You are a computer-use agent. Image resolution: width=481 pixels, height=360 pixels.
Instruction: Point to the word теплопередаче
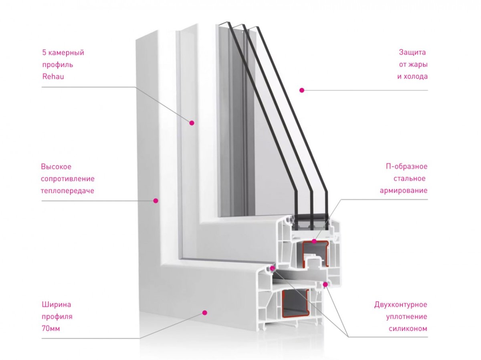[67, 191]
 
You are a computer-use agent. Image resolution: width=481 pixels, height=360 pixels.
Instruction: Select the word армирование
[404, 191]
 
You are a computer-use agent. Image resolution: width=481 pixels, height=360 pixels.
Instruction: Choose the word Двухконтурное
[400, 305]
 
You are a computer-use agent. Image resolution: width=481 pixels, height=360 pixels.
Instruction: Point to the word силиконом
[408, 329]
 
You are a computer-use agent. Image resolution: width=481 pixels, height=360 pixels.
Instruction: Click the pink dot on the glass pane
[302, 90]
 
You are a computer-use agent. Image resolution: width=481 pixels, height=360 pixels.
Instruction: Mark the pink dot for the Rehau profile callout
[192, 123]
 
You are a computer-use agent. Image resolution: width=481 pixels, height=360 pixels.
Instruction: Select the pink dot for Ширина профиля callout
[204, 312]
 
